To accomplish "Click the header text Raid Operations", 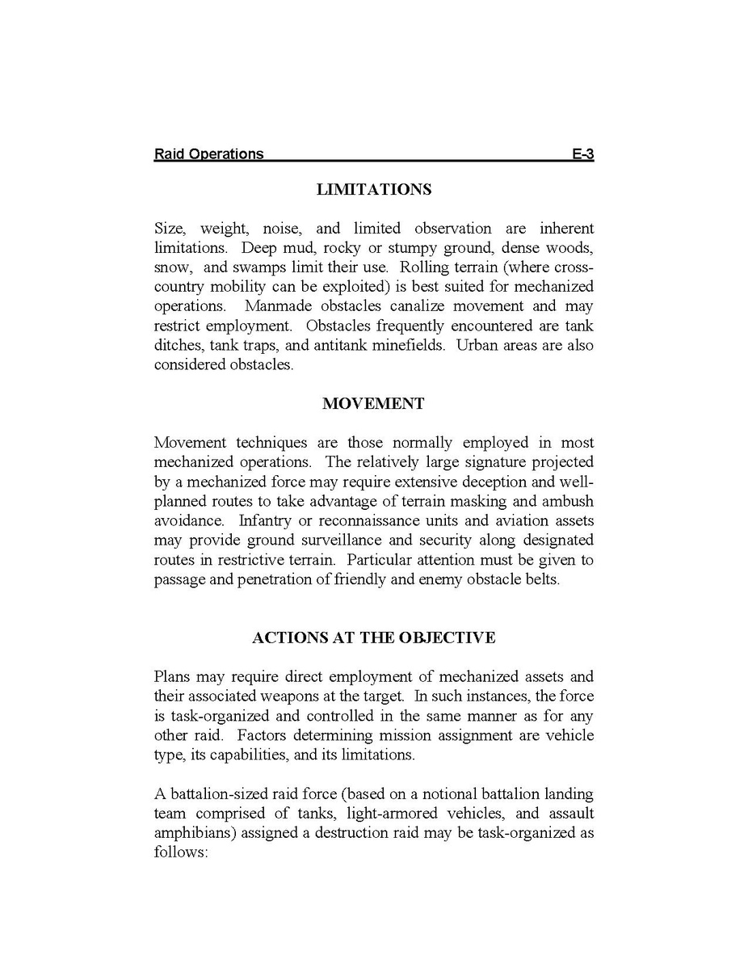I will coord(208,154).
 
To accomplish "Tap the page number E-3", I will coord(582,154).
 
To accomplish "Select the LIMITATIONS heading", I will coord(374,190).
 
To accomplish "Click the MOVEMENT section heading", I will coord(373,404).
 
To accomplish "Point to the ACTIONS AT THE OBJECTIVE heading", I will coord(373,638).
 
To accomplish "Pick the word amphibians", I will coord(190,832).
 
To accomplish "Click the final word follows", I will coord(181,852).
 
